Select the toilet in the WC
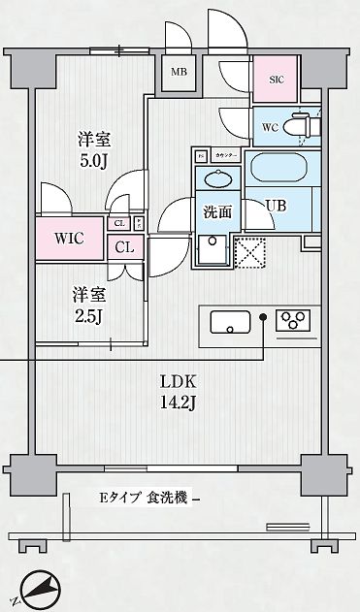(x=300, y=125)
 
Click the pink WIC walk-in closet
(x=70, y=238)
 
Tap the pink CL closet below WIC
(x=124, y=246)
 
